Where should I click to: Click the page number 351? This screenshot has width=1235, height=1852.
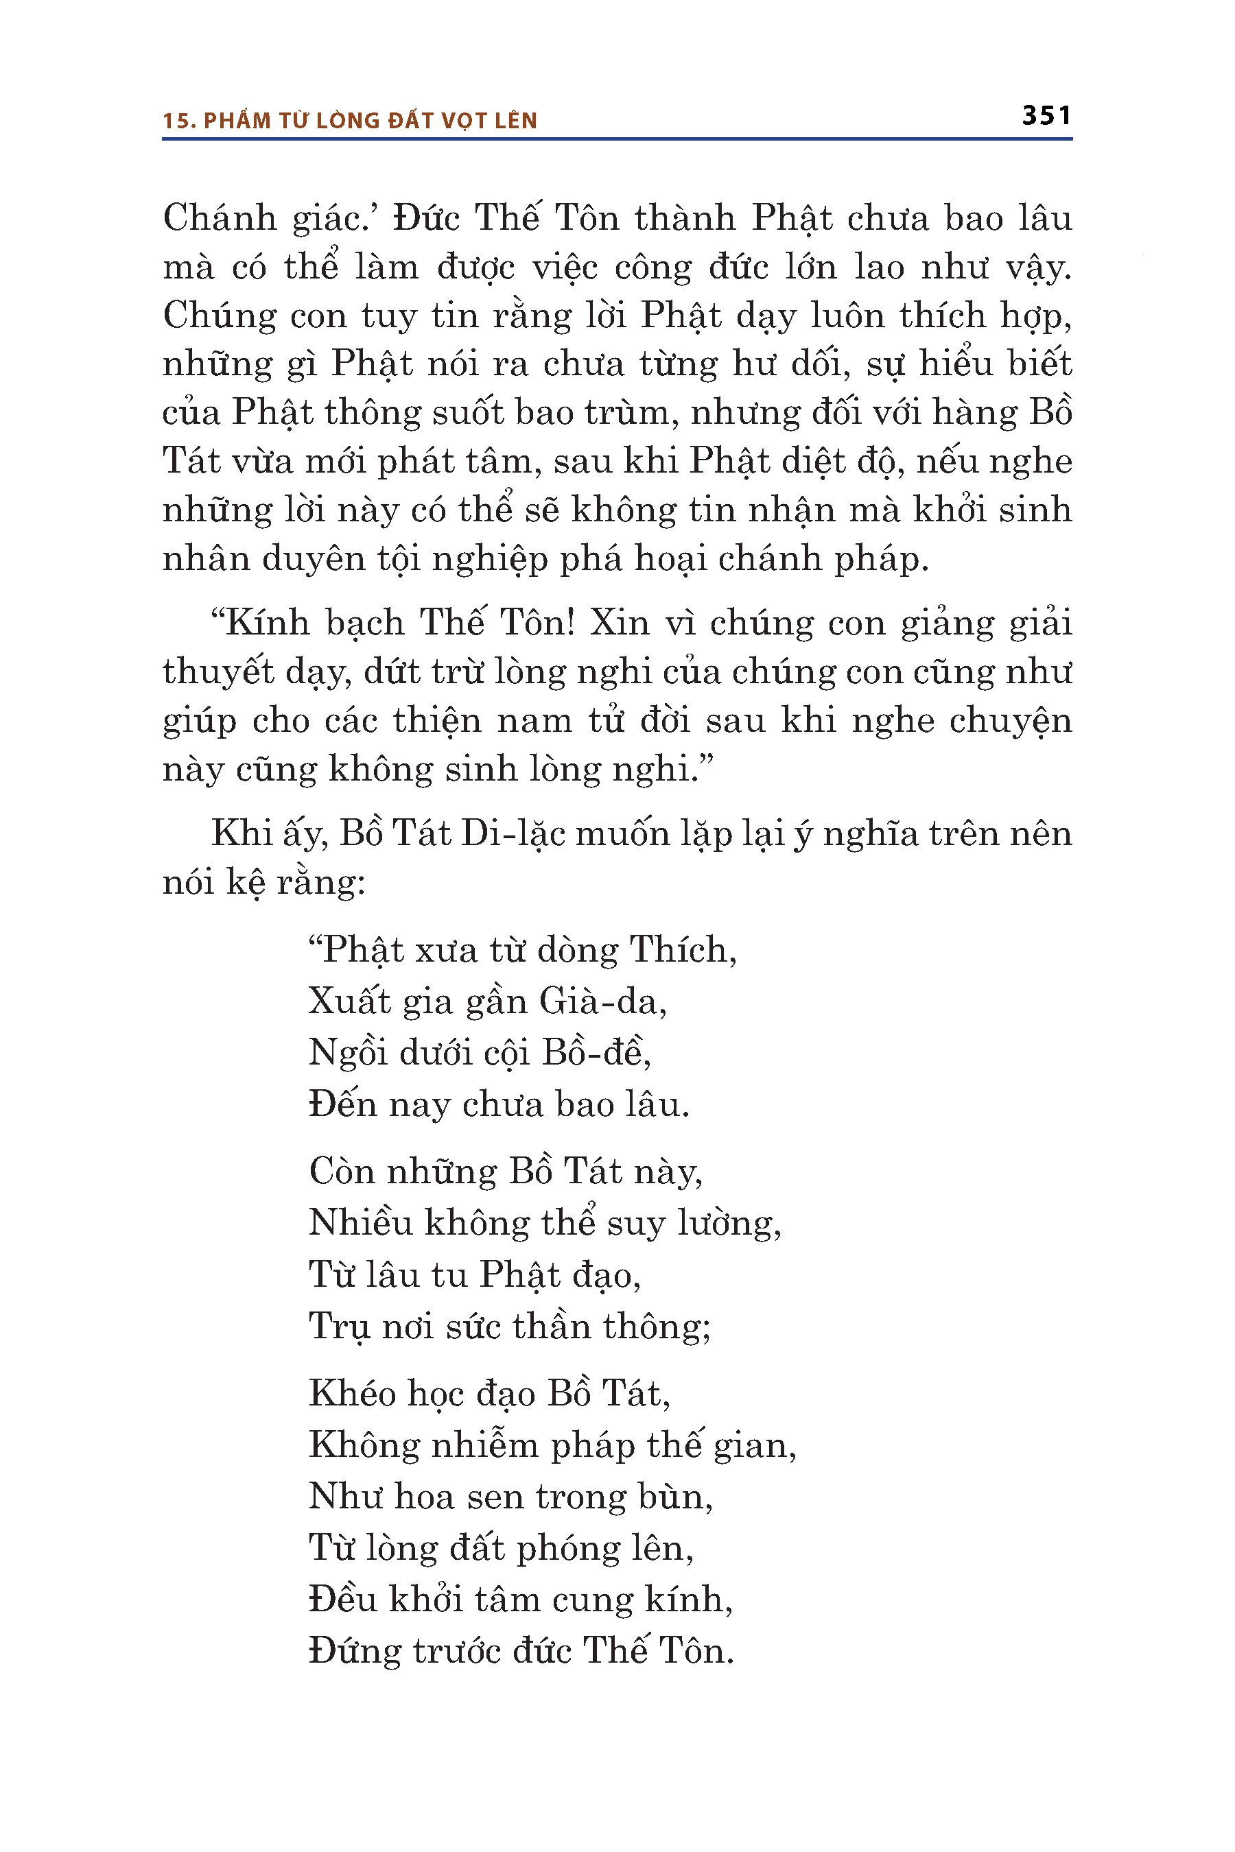pos(1046,116)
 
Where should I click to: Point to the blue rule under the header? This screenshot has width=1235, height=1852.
pos(617,139)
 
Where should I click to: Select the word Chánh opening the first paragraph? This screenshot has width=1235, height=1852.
pos(220,218)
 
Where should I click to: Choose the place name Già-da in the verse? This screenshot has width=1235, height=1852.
pos(602,1001)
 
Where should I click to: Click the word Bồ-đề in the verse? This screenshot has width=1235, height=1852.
pos(596,1053)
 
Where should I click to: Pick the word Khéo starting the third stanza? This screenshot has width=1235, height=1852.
pos(352,1393)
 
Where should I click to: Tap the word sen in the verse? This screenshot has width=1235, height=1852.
pos(494,1496)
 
